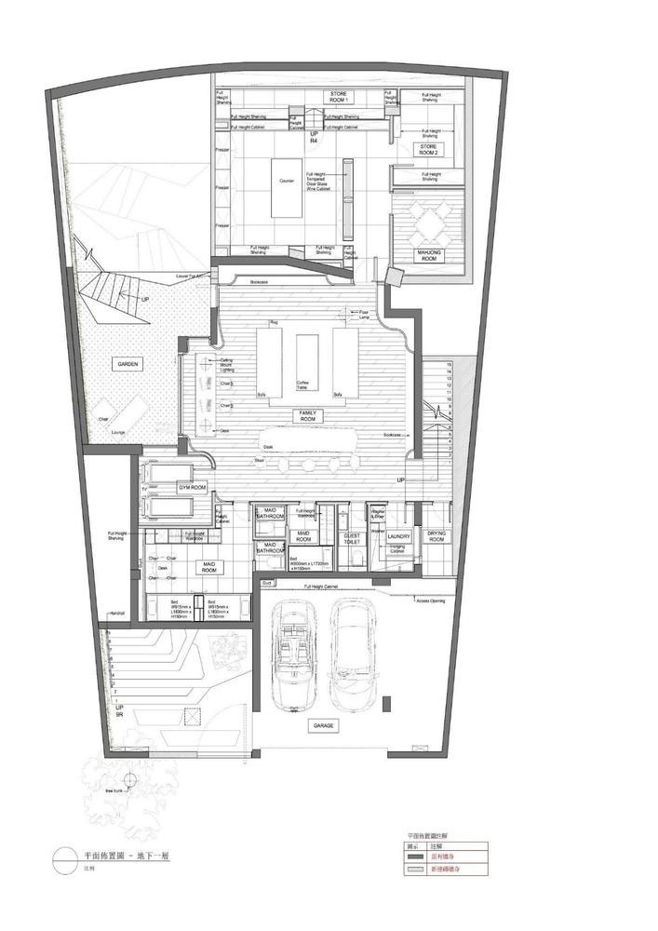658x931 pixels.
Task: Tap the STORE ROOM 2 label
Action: click(428, 148)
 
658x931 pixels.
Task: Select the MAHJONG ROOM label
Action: click(429, 255)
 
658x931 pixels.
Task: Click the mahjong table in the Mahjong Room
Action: click(429, 223)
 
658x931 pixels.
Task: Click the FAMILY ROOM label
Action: click(307, 416)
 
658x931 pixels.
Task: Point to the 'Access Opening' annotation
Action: click(431, 600)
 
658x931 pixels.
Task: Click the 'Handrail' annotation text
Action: click(117, 614)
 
